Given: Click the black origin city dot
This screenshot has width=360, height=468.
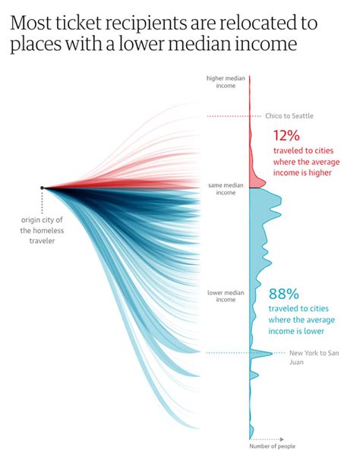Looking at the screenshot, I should (x=43, y=188).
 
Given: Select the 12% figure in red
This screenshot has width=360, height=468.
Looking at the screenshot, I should (x=289, y=136).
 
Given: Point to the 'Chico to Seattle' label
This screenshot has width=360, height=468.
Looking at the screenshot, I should (x=289, y=116).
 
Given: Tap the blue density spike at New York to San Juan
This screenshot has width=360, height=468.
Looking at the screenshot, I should (x=263, y=353).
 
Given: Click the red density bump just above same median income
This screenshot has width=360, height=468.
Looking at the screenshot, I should (x=258, y=183).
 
